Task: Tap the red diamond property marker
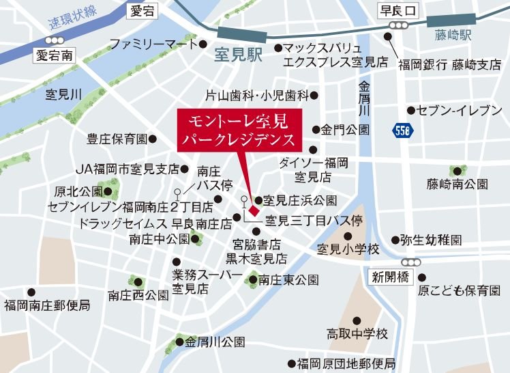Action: pos(251,200)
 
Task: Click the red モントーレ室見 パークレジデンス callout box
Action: pos(237,130)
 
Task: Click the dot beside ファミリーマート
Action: pos(202,45)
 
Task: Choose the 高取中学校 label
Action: pos(357,334)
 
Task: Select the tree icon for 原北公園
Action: pos(111,184)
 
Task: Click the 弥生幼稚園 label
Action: pos(431,240)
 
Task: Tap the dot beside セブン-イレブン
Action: pos(411,110)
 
